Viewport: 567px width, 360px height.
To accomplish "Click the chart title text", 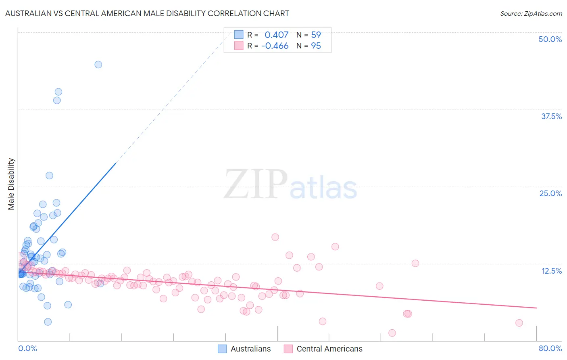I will [x=147, y=13].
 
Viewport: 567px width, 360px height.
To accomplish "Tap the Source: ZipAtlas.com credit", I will [x=531, y=14].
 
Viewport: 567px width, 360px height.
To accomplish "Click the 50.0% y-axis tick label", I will [x=550, y=39].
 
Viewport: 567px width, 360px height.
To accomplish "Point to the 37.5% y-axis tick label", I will [x=551, y=116].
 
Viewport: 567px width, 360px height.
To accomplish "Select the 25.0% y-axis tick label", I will [x=550, y=193].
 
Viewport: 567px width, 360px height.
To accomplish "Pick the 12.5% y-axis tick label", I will [x=551, y=271].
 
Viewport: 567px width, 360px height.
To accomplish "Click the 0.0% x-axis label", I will [x=27, y=348].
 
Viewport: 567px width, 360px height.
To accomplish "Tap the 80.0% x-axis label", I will [x=550, y=348].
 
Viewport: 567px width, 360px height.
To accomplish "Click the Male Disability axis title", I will [x=11, y=184].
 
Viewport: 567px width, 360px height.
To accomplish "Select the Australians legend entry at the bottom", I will [x=244, y=349].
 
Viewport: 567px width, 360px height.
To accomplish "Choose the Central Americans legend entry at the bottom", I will [x=323, y=349].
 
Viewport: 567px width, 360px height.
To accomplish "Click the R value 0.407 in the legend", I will [x=276, y=35].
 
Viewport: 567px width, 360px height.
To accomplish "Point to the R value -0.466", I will [x=275, y=46].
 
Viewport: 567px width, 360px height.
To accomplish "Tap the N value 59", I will [x=316, y=35].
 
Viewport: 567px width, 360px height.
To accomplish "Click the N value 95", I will [x=316, y=46].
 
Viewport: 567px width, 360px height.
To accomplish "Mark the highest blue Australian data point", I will [x=98, y=65].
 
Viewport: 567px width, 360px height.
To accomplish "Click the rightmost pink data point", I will [x=519, y=323].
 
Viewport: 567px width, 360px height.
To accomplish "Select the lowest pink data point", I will [x=392, y=333].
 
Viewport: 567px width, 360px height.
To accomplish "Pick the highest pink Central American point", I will [x=275, y=237].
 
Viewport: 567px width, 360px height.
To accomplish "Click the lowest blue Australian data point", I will [x=48, y=322].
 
